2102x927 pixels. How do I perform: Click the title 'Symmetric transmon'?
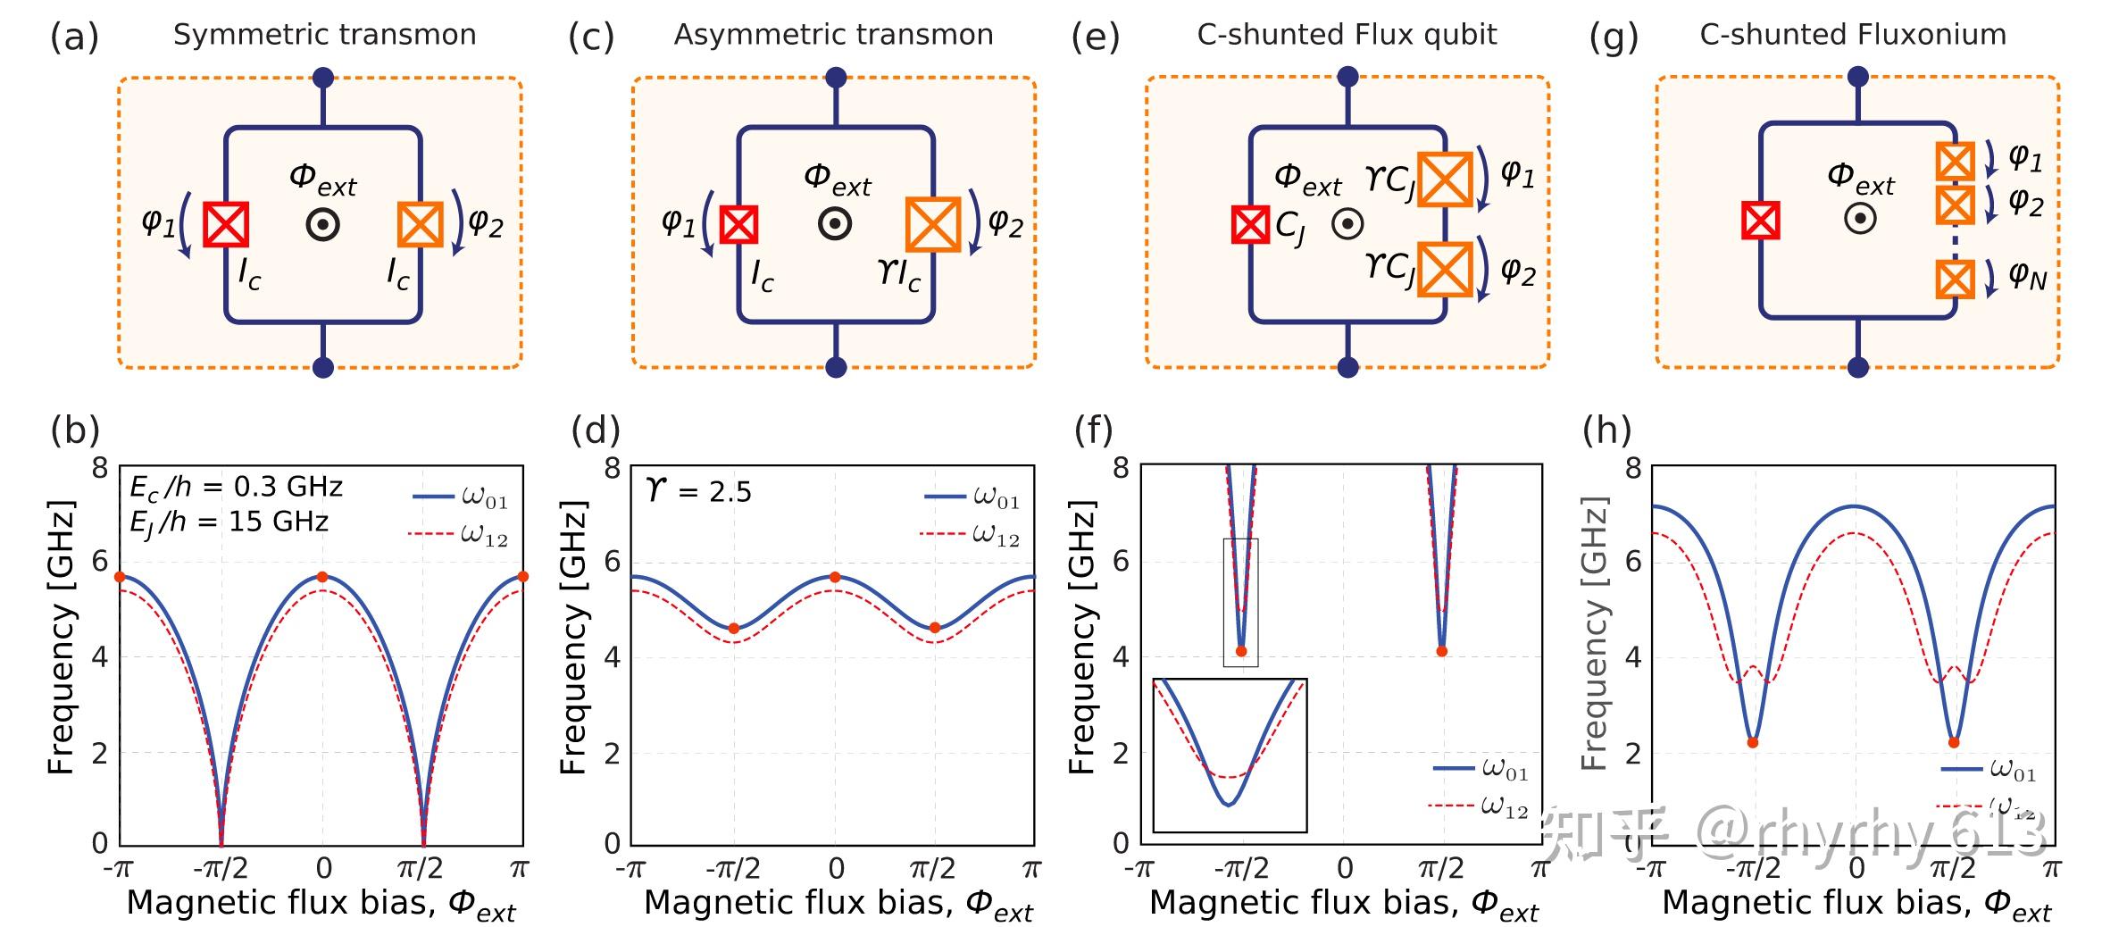pos(324,35)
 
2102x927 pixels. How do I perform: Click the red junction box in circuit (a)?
pos(225,223)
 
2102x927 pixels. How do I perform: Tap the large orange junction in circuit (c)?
pos(932,224)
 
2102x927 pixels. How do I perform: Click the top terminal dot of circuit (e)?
pos(1347,77)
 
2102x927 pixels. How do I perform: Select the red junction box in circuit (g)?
pos(1760,221)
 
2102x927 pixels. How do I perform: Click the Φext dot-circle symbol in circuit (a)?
pos(322,225)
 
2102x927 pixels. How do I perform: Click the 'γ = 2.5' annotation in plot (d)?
pos(698,490)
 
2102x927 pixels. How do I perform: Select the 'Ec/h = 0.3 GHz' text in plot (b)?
pos(236,487)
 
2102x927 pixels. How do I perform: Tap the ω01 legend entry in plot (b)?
pos(461,497)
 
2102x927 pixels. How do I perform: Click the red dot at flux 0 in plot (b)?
pos(322,577)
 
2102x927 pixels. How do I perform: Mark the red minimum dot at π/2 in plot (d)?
pos(935,628)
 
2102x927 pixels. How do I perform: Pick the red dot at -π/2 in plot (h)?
pos(1753,742)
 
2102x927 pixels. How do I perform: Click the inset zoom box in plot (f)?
pos(1230,755)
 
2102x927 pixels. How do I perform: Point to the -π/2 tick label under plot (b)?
pos(220,868)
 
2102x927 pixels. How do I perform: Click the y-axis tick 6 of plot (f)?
pos(1120,562)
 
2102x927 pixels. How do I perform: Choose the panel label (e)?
pos(1095,38)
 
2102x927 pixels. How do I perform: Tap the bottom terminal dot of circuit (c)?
pos(836,367)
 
